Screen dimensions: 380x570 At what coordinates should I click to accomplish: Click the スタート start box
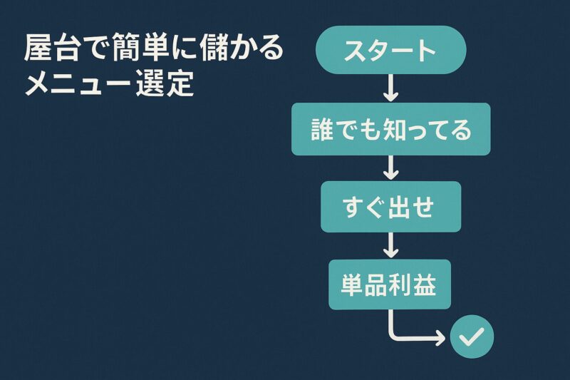click(x=390, y=50)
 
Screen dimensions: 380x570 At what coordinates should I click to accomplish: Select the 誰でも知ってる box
click(x=390, y=129)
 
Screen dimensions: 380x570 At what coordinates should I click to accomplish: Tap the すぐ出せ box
click(x=390, y=207)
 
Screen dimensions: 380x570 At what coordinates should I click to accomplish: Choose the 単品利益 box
click(x=390, y=284)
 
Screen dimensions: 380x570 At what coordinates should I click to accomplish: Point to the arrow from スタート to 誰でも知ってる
click(x=390, y=88)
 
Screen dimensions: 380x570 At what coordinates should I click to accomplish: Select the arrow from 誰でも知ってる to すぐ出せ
click(x=390, y=168)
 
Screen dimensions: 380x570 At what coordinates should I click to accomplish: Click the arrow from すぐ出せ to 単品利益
click(x=390, y=245)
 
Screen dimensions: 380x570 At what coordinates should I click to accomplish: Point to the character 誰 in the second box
click(x=323, y=129)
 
